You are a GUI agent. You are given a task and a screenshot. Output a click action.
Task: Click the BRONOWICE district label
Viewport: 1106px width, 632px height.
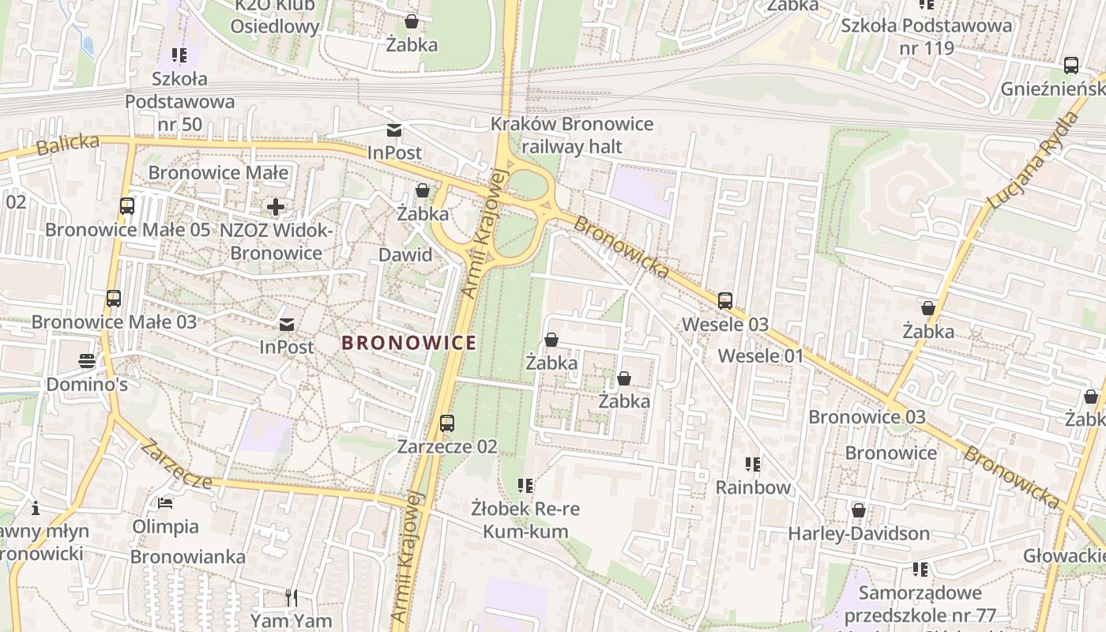[x=409, y=343]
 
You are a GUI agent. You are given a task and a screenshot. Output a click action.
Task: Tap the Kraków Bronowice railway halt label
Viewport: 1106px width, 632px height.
[x=572, y=135]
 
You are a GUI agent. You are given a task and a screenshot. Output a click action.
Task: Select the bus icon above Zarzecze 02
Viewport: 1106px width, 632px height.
[x=447, y=423]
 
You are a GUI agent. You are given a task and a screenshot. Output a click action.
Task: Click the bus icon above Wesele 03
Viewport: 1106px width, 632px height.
[x=725, y=301]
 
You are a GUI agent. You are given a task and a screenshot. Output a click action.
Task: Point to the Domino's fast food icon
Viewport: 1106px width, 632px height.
[x=87, y=361]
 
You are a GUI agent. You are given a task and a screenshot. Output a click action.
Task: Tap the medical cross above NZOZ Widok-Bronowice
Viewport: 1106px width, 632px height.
[x=275, y=208]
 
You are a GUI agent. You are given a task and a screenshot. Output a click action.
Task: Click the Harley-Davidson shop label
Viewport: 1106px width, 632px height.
[x=859, y=533]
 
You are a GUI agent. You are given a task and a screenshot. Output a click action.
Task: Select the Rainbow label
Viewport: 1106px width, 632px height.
[x=753, y=487]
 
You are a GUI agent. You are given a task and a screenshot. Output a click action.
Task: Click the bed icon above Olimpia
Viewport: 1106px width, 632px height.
[x=165, y=502]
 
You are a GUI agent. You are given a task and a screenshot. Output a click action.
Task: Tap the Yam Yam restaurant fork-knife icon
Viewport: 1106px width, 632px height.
[x=292, y=598]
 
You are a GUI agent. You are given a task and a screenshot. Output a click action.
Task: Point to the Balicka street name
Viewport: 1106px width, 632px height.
[x=68, y=145]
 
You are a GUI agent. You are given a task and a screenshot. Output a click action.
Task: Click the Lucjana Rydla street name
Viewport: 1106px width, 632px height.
[x=1034, y=161]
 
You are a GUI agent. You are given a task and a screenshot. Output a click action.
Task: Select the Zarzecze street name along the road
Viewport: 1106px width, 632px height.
[x=176, y=465]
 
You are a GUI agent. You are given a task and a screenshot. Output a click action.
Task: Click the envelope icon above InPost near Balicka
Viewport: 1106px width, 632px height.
[x=394, y=130]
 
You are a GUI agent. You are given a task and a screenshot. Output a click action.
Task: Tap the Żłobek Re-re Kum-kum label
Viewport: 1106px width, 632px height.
[x=525, y=519]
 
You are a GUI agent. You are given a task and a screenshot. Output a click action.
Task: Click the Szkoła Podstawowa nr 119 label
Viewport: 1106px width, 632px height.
[x=926, y=36]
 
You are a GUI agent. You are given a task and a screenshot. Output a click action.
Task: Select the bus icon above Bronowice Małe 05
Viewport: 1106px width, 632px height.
[x=127, y=206]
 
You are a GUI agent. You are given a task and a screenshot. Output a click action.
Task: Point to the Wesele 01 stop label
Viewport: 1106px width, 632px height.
[x=760, y=355]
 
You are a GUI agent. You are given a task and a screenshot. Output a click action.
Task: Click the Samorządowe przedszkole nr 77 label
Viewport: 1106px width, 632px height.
[x=920, y=604]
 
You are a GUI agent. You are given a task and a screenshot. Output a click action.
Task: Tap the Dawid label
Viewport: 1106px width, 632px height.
[x=405, y=254]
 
